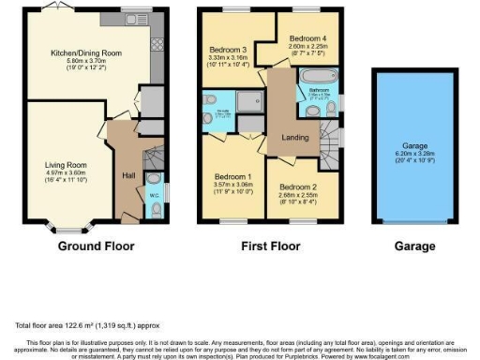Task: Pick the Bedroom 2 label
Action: pyautogui.click(x=297, y=187)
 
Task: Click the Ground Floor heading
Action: pyautogui.click(x=96, y=247)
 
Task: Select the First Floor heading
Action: pyautogui.click(x=267, y=247)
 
